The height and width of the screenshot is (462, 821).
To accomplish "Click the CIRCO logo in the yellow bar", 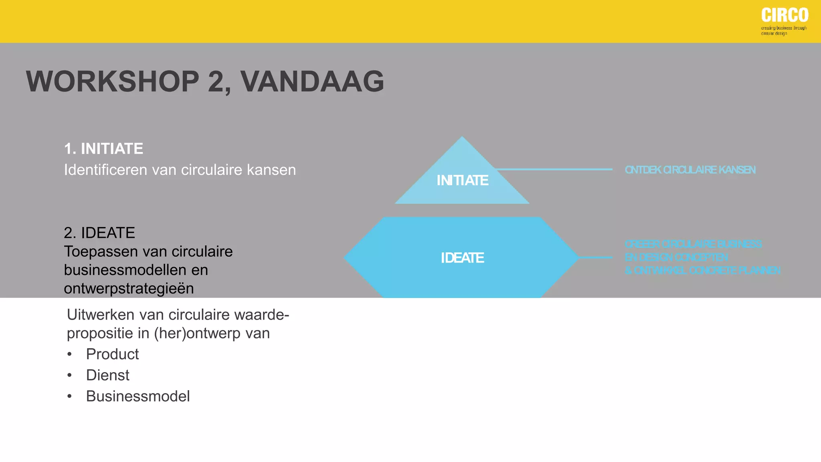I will (785, 16).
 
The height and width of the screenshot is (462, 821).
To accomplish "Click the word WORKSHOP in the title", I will (113, 82).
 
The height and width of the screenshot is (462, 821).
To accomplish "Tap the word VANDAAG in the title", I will (312, 82).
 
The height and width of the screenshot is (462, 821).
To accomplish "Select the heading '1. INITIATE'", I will (103, 149).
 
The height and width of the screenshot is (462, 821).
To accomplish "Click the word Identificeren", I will (105, 170).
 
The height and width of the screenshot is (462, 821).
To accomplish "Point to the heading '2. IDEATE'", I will (99, 233).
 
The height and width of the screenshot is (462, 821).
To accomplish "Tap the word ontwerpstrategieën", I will (129, 289).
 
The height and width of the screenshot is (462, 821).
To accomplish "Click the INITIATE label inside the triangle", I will (462, 180).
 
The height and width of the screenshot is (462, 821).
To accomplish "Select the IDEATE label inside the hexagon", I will (462, 258).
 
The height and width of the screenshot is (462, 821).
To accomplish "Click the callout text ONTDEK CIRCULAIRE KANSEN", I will (690, 170).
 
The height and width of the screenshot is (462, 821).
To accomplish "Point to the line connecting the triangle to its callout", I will (553, 169).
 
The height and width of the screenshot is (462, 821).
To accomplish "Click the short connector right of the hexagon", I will (596, 257).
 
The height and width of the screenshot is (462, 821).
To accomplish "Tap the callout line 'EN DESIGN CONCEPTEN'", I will (676, 257).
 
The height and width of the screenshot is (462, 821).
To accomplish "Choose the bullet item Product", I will (112, 355).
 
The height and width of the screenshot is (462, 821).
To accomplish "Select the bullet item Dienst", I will (107, 375).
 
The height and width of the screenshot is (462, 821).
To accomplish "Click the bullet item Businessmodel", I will (138, 397).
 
